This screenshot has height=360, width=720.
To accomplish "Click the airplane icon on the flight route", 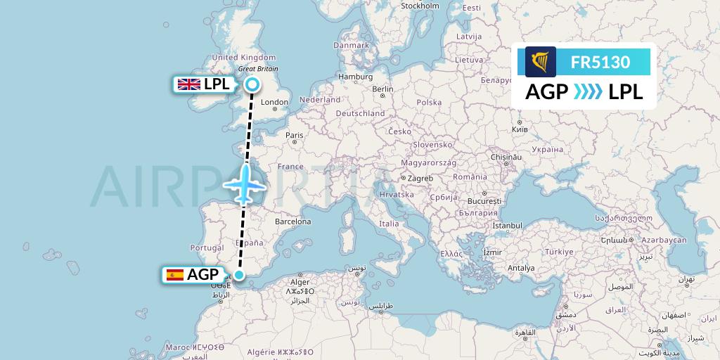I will tap(244, 184).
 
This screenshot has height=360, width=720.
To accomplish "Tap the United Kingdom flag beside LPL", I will tap(188, 85).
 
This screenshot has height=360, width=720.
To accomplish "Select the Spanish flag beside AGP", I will tap(174, 275).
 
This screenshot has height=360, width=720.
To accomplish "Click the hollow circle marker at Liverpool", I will tap(252, 85).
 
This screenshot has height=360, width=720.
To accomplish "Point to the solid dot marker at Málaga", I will tap(239, 275).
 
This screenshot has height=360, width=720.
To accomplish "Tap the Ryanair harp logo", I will tap(541, 62).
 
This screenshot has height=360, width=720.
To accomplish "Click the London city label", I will tap(274, 102).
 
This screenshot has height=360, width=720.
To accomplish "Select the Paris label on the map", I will tap(294, 135).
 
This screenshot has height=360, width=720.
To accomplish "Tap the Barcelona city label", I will tap(292, 221).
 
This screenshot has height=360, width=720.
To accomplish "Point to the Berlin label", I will tap(383, 89).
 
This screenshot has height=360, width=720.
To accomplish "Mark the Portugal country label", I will tap(207, 248).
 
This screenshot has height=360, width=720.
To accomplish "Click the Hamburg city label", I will tap(355, 77).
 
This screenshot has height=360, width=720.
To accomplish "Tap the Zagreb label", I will tap(420, 179).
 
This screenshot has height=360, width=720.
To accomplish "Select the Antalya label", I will tap(521, 268).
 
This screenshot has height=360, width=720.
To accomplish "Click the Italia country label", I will tap(389, 224).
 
